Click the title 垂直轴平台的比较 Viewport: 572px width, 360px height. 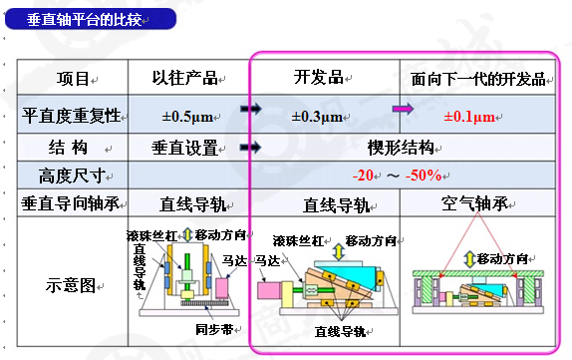point(84,19)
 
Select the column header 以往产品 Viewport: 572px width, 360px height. point(185,78)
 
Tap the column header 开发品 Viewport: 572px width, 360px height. point(319,77)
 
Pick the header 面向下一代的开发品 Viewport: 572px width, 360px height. point(478,79)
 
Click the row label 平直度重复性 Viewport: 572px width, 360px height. point(71,116)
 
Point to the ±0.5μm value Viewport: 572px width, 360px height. point(187,117)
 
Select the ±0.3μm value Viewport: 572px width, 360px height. point(317,117)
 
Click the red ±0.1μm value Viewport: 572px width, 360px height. point(469,117)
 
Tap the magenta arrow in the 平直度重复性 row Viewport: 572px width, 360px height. point(403,109)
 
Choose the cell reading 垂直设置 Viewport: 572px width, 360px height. point(185,148)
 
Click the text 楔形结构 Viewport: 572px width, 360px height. point(401,148)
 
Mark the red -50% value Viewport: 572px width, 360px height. point(424,176)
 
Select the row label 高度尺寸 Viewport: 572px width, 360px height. point(72,176)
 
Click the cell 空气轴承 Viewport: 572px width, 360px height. point(474,203)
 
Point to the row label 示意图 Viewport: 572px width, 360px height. point(71,285)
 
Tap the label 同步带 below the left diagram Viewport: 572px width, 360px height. point(214,330)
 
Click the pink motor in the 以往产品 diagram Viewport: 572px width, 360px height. point(221,288)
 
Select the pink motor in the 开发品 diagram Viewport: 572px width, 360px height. point(269,290)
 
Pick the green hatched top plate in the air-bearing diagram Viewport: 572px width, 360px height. point(478,273)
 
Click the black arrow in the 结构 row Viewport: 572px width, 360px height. point(250,148)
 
